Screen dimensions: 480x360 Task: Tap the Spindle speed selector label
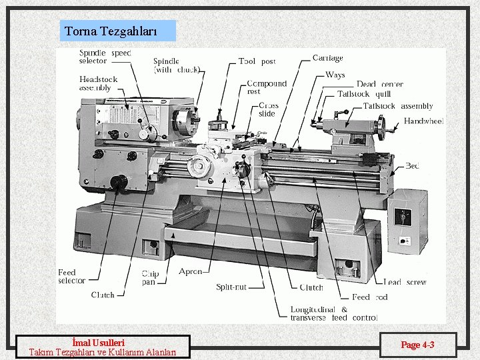click(x=105, y=57)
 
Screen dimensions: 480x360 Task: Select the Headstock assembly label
click(x=98, y=83)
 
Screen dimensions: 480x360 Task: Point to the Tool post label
click(x=257, y=61)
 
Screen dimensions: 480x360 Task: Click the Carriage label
click(x=327, y=58)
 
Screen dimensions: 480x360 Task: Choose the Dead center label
click(x=379, y=85)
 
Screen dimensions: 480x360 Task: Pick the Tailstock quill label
click(x=364, y=94)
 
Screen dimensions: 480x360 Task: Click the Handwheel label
click(x=423, y=121)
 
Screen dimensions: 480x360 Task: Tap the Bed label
click(x=412, y=166)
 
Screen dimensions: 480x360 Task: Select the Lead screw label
click(x=405, y=283)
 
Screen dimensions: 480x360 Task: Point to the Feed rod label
click(x=369, y=297)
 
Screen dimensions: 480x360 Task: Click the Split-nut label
click(x=231, y=287)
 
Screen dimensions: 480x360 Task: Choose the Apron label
click(x=190, y=272)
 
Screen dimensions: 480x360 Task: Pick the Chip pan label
click(x=150, y=277)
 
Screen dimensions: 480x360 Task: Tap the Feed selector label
click(x=71, y=277)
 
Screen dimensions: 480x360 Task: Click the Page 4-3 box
click(x=417, y=345)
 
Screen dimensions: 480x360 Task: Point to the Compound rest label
click(x=266, y=87)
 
